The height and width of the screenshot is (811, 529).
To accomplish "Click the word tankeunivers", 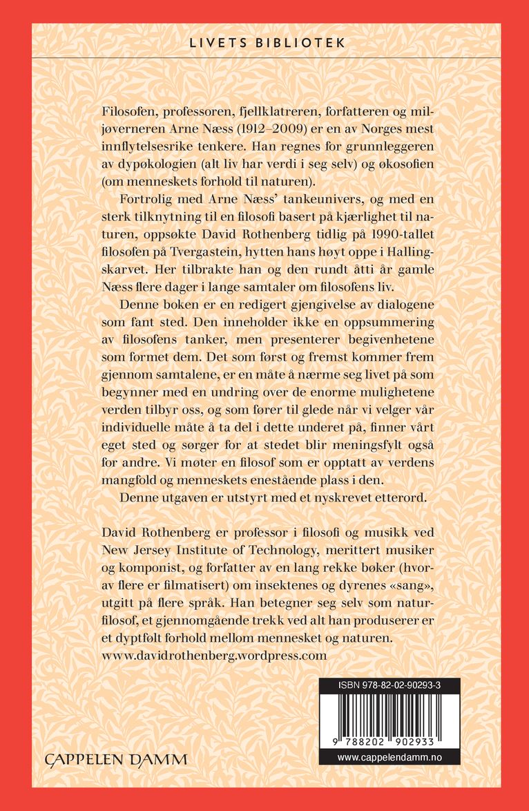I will pos(305,200).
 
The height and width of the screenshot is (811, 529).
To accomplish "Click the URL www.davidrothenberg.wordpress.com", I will pos(213,655).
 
